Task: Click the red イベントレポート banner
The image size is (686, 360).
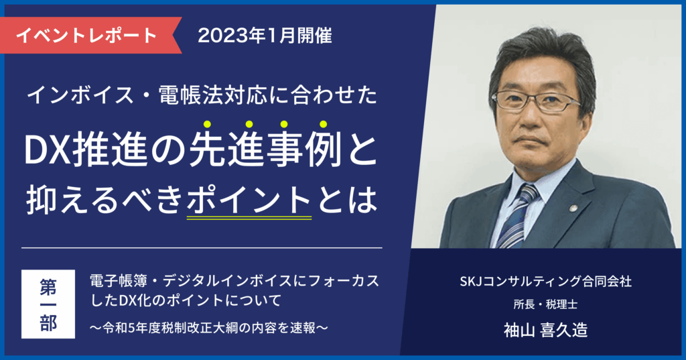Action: coord(87,34)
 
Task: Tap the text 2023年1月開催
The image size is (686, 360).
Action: coord(265,34)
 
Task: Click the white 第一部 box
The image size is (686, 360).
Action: coord(49,304)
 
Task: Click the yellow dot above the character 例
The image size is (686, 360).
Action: coord(323,124)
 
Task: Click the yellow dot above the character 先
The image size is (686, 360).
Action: coord(208,124)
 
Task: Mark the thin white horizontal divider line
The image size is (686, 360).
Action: coord(202,248)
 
